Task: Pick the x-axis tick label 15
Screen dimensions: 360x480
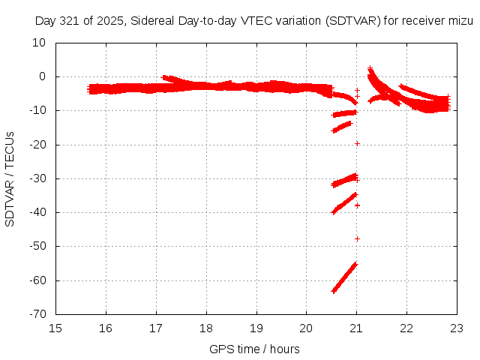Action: pos(56,328)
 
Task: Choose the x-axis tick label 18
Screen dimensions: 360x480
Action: pos(206,328)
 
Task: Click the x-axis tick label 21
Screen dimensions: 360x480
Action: pos(356,328)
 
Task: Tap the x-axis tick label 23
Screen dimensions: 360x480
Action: pos(457,328)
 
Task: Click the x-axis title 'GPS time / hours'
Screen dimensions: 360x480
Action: pos(256,349)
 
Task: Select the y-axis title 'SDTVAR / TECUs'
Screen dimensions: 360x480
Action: pos(10,178)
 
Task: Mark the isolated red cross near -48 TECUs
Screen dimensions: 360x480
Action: pos(357,238)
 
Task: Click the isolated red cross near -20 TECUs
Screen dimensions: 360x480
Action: pos(357,143)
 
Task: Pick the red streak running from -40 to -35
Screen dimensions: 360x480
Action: pos(344,203)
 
